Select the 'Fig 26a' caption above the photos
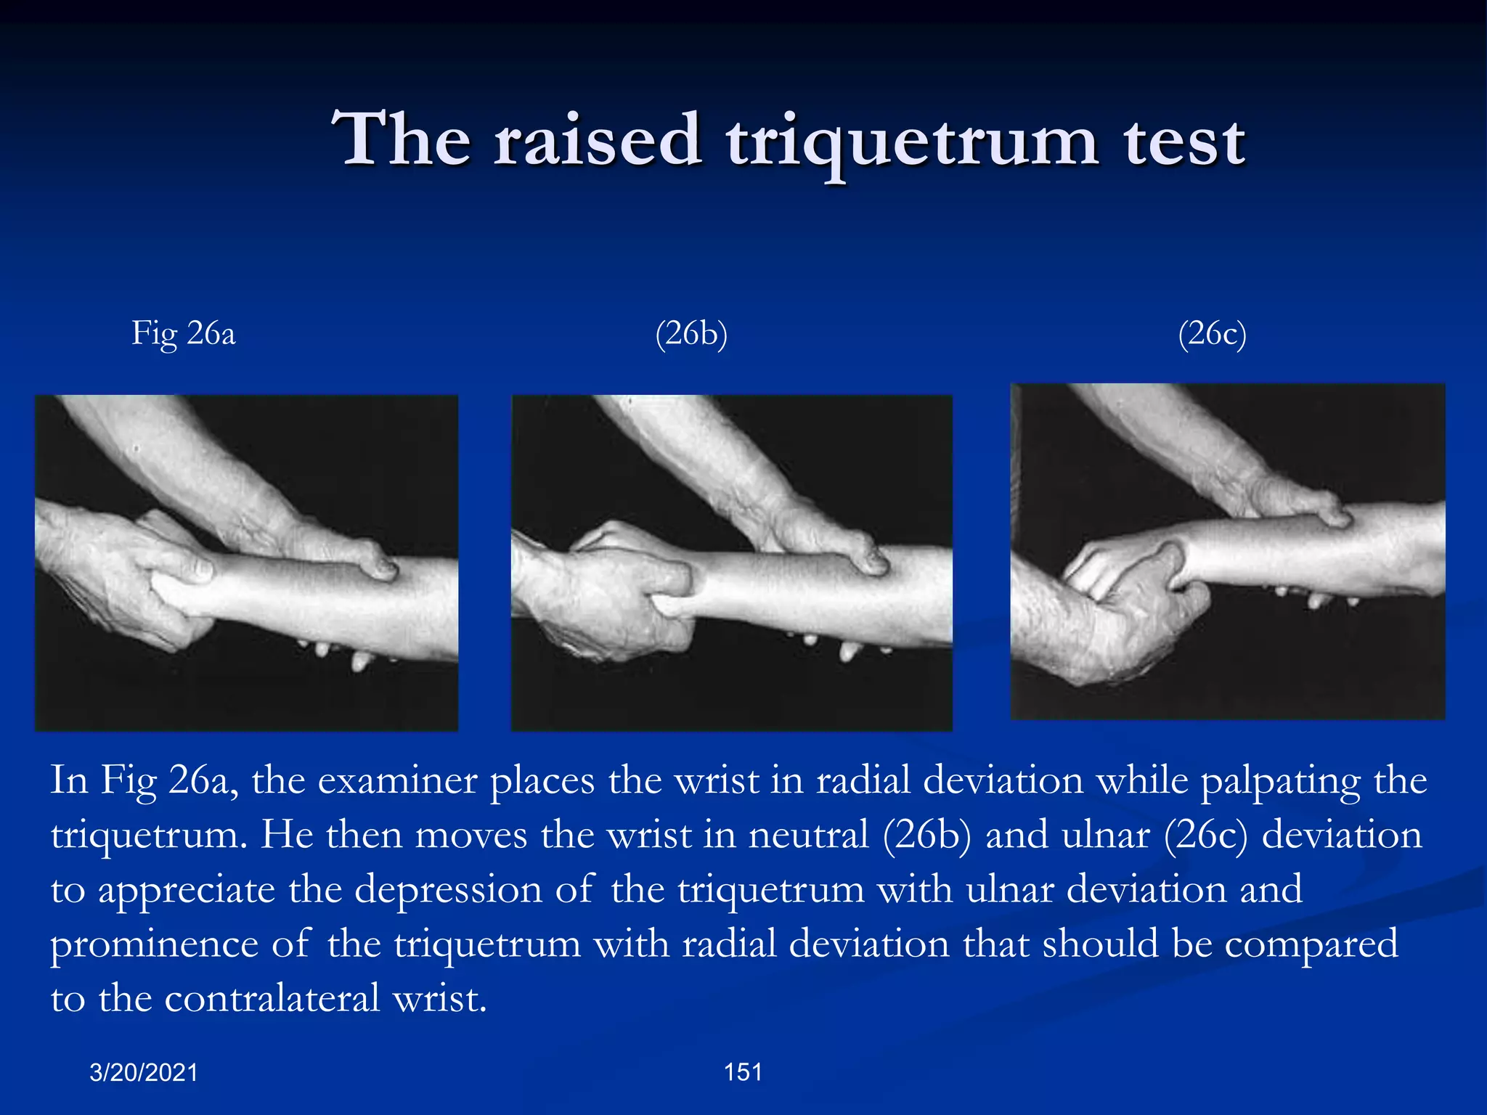click(183, 334)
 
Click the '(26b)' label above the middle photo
click(690, 334)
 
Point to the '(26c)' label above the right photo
click(1212, 334)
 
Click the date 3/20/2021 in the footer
click(144, 1072)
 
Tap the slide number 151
click(743, 1071)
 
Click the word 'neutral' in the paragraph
click(809, 835)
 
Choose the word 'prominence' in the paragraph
click(155, 944)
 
